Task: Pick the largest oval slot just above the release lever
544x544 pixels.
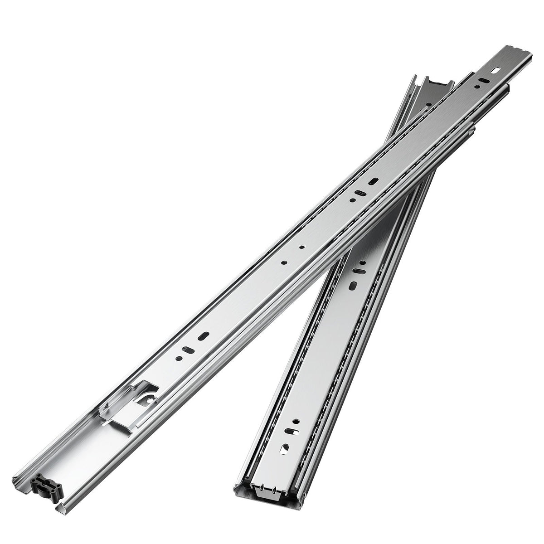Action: [204, 336]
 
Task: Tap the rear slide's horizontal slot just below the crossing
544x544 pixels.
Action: [359, 272]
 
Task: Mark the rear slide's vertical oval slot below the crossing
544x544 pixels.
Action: [353, 286]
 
